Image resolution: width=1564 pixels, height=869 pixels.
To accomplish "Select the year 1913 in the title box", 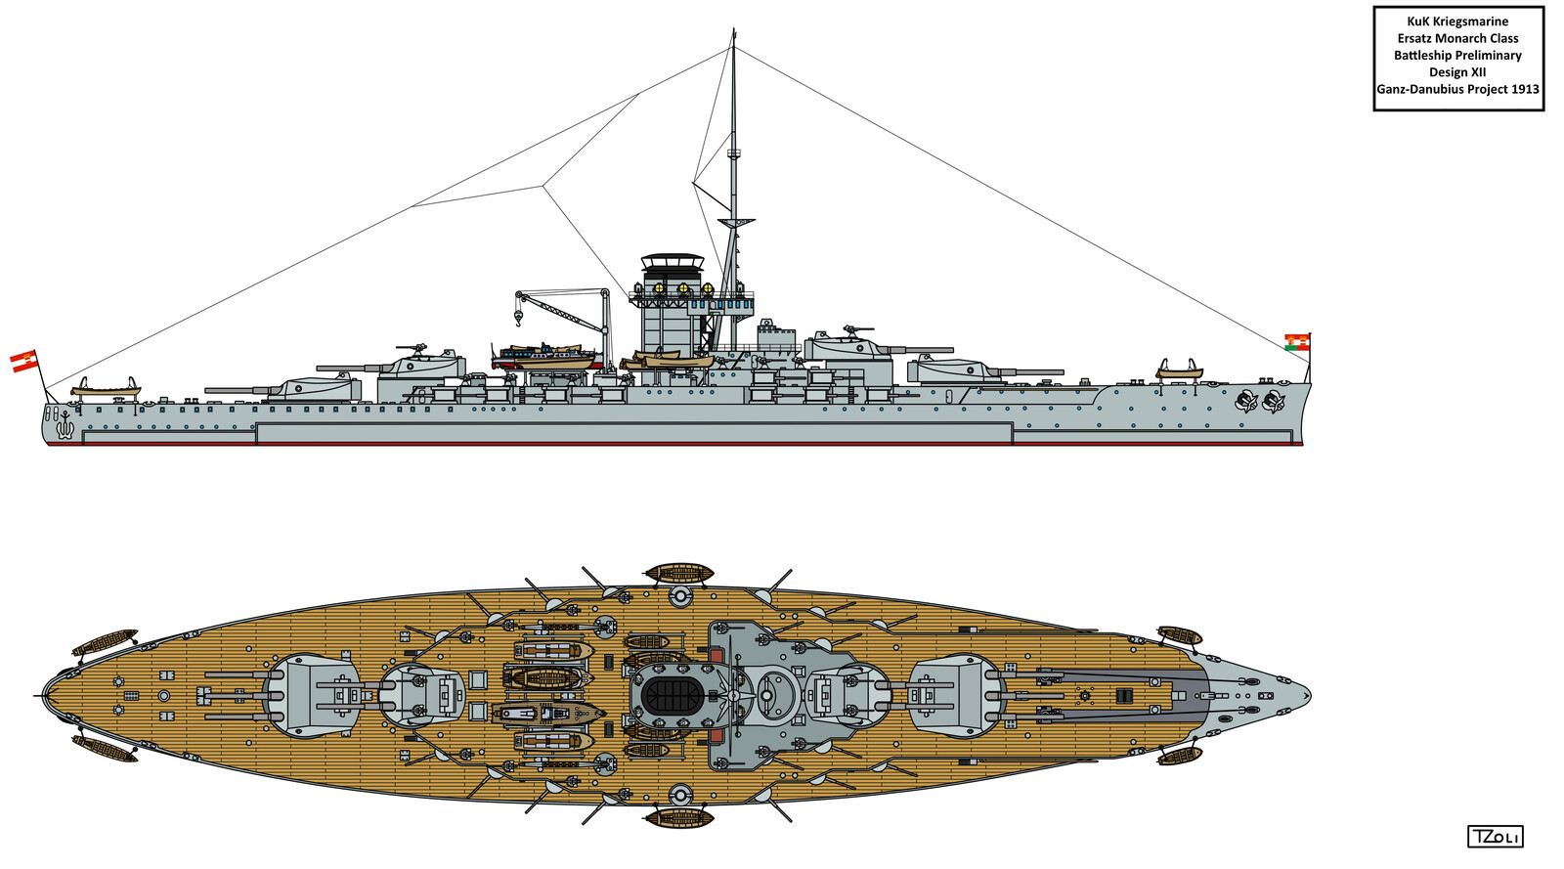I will (1525, 89).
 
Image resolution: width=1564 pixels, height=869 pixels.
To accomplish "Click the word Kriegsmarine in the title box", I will (1471, 22).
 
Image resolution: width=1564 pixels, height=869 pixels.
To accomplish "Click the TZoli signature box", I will (1495, 837).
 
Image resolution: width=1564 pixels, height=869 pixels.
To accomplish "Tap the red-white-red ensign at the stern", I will (23, 361).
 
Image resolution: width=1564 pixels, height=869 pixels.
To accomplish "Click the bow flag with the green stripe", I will (1296, 341).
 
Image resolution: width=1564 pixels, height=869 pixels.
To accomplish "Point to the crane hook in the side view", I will (518, 320).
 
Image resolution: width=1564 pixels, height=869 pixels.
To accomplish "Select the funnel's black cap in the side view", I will (672, 261).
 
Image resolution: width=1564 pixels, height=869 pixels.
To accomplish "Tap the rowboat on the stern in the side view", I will (106, 389).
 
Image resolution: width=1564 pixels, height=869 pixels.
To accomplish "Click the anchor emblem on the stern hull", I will (65, 424).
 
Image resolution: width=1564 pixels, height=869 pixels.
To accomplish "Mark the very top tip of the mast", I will (733, 31).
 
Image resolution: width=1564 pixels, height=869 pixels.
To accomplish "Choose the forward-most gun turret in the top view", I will (957, 695).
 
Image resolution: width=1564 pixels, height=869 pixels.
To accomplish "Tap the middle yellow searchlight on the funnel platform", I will (682, 289).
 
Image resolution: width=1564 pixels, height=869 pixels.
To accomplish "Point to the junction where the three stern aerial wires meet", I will (543, 185).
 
